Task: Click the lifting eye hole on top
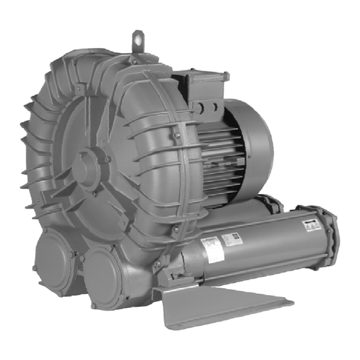[138, 36]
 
